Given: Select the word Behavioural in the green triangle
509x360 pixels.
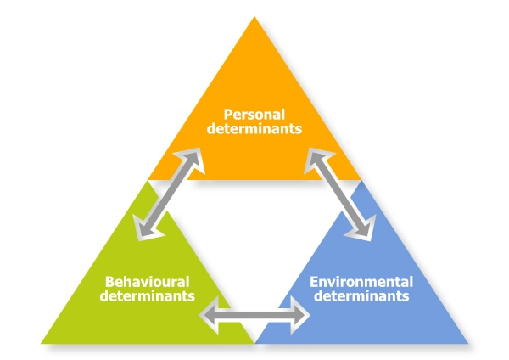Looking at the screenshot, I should (x=147, y=281).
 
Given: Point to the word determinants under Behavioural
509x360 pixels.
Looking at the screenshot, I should (x=147, y=296).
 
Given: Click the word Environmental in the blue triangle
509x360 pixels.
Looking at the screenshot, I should (x=361, y=281).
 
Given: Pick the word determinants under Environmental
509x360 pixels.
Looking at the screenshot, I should (x=361, y=296).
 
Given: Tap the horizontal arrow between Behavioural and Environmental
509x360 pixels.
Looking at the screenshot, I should (x=255, y=313).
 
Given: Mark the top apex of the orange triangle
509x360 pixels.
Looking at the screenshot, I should (x=255, y=18).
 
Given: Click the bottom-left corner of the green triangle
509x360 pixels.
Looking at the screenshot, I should (x=43, y=343).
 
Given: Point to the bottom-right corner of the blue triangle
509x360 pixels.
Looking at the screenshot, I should (x=467, y=343).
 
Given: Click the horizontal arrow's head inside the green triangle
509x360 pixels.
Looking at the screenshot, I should (x=207, y=313).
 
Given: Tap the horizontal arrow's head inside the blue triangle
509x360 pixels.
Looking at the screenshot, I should (x=303, y=313).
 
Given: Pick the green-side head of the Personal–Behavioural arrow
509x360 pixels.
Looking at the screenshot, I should (x=142, y=229).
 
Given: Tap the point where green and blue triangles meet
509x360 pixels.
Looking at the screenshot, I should (x=255, y=342).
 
